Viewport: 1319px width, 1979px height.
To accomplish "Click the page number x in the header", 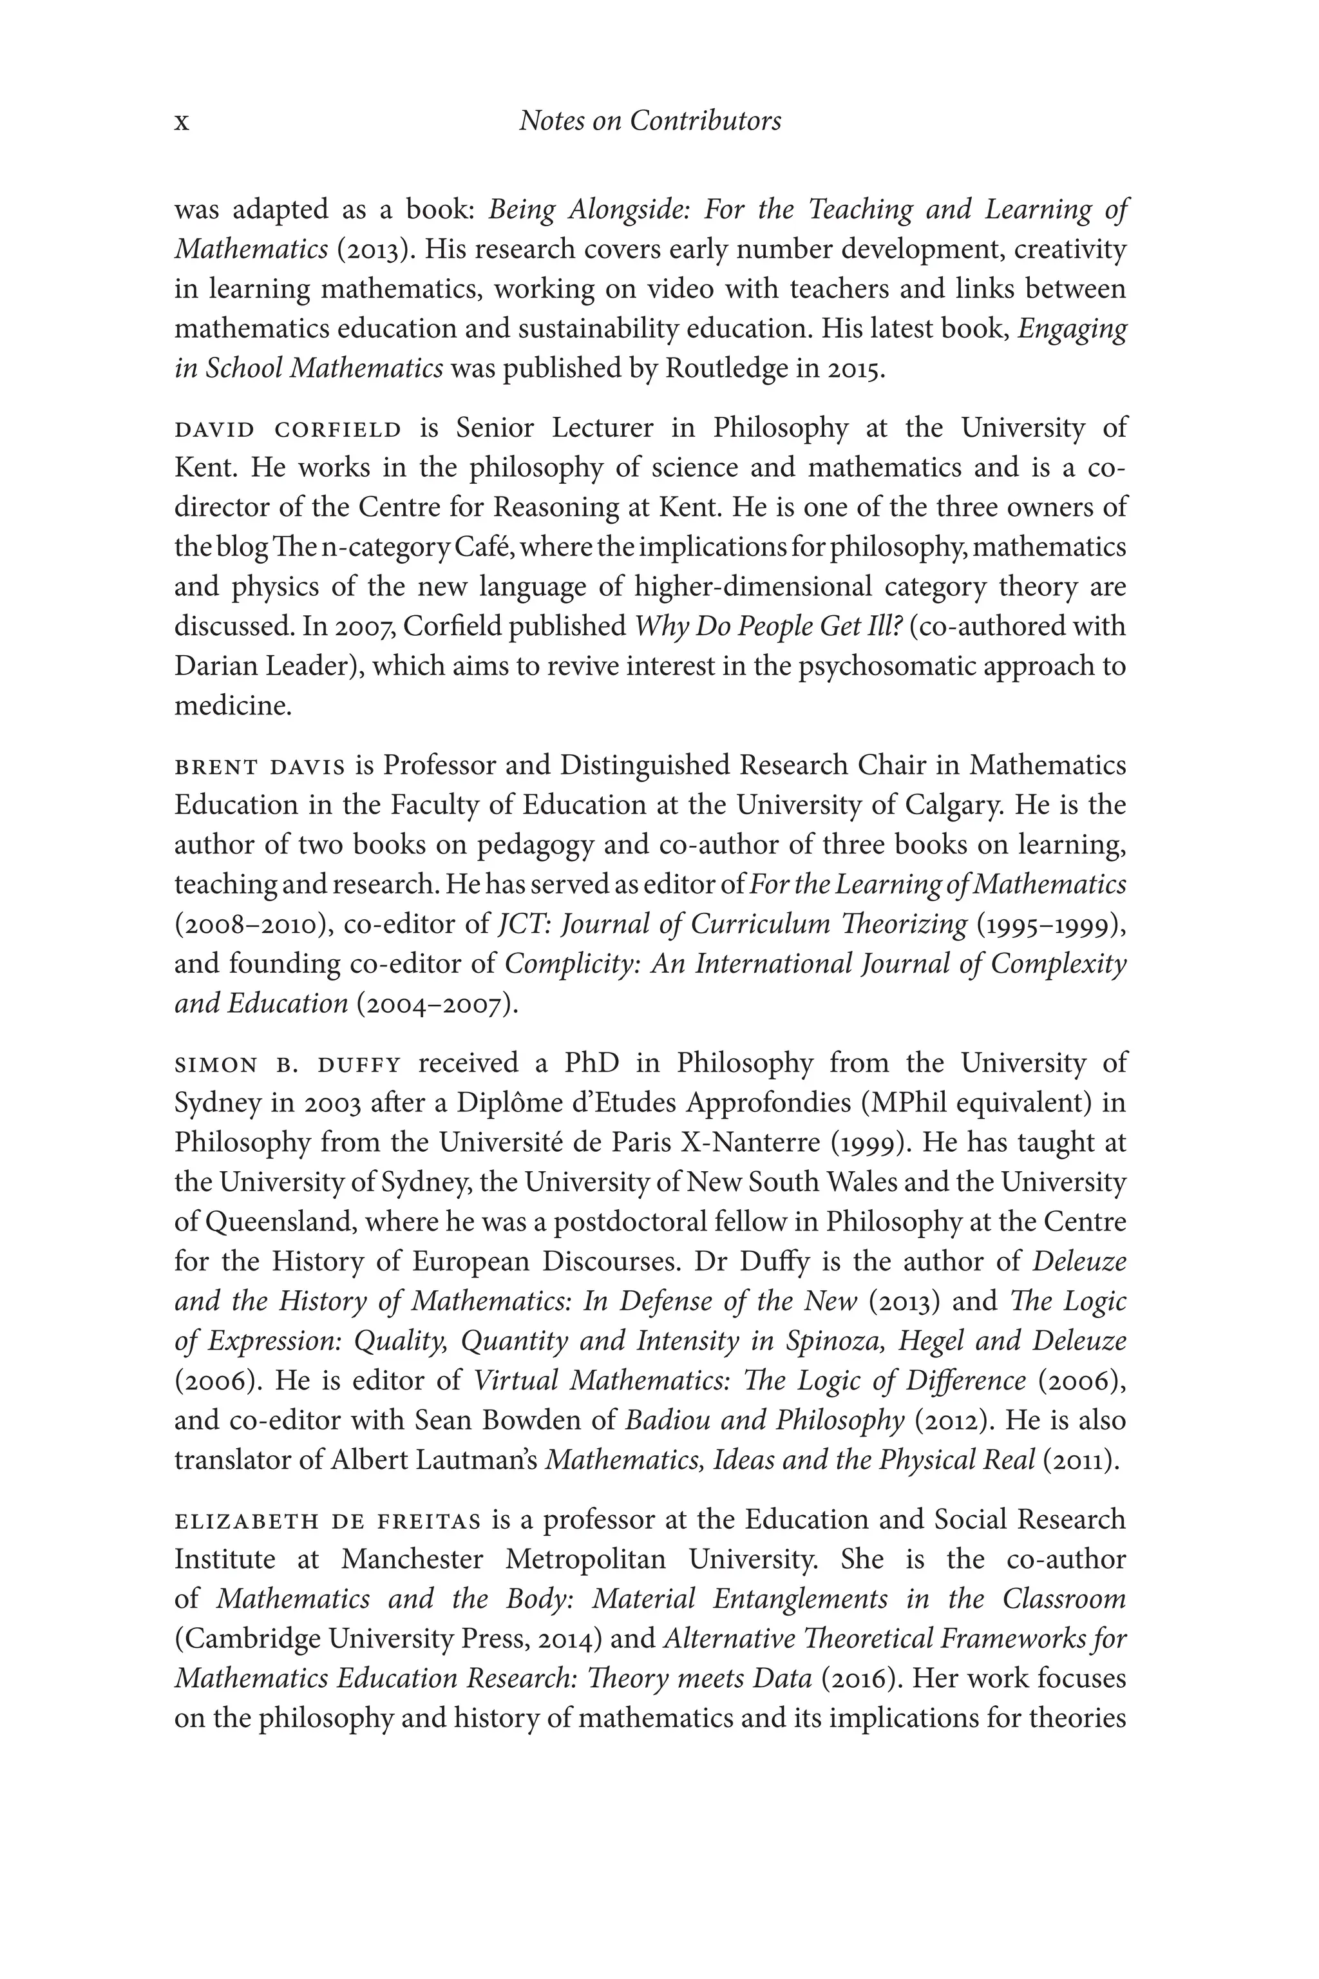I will pyautogui.click(x=182, y=124).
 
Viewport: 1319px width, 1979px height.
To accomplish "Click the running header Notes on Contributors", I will pyautogui.click(x=649, y=121).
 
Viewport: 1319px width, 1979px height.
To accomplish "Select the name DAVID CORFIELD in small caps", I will pyautogui.click(x=288, y=430).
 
